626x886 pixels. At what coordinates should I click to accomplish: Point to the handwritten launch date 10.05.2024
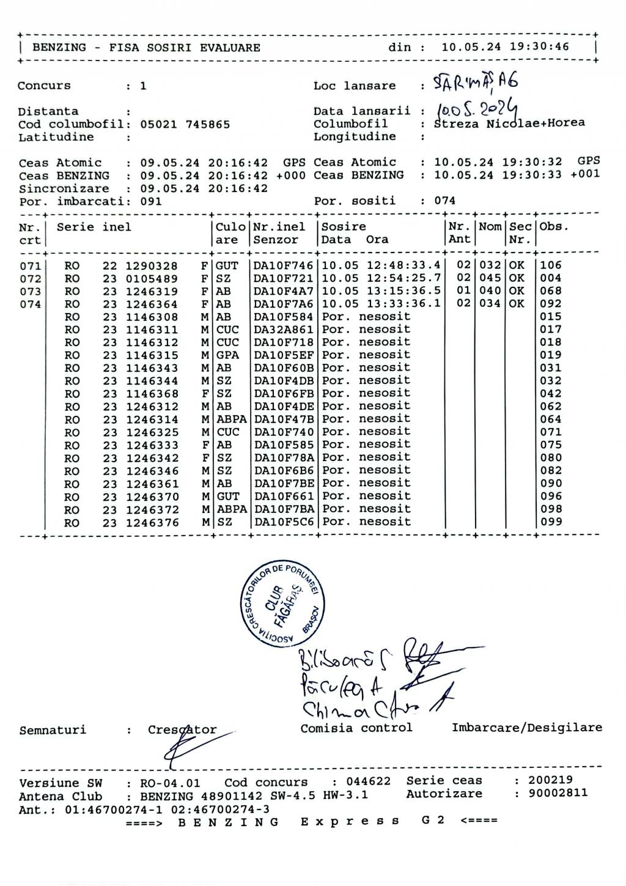point(476,111)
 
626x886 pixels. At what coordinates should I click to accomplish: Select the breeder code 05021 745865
point(185,125)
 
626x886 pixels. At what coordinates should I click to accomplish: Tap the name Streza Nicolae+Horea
point(509,124)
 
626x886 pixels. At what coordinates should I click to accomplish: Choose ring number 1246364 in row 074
point(152,304)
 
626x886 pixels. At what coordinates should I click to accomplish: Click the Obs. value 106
point(550,265)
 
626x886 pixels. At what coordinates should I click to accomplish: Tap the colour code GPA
point(227,355)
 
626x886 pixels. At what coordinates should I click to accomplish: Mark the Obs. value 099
point(550,522)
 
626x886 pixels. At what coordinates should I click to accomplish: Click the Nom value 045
point(490,278)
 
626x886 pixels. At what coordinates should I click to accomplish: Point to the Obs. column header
point(554,227)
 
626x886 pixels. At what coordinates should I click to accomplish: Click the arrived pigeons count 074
point(444,201)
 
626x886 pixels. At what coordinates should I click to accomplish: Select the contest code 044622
point(368,782)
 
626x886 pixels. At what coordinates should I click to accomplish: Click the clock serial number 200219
point(550,781)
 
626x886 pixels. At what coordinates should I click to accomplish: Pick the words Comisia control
point(356,728)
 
